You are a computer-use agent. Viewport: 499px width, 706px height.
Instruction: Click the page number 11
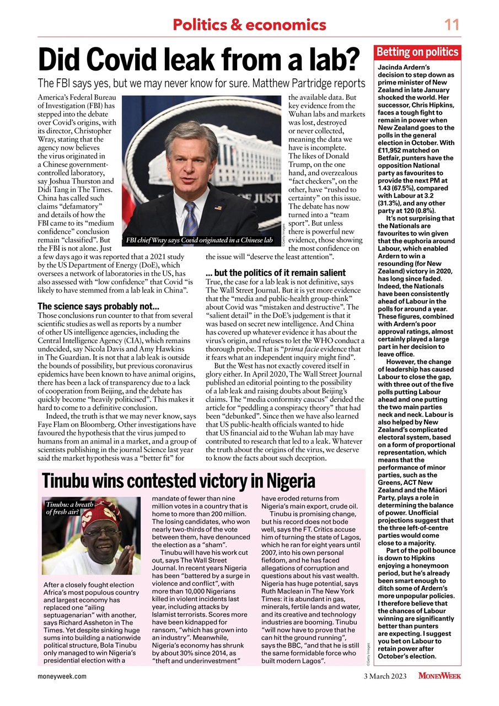(x=452, y=25)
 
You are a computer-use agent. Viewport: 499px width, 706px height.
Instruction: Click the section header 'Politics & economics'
(x=249, y=25)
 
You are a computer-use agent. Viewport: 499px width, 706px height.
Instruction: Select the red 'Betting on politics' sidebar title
(x=417, y=52)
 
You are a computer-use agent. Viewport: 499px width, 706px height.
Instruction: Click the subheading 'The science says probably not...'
(x=98, y=306)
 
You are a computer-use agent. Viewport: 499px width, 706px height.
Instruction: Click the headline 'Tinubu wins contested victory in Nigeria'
(x=179, y=481)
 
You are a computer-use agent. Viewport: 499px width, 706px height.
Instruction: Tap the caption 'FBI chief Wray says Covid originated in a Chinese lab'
(x=200, y=240)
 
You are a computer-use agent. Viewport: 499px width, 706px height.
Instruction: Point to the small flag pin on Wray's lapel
(x=218, y=208)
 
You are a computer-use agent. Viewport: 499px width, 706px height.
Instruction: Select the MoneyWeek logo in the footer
(x=439, y=676)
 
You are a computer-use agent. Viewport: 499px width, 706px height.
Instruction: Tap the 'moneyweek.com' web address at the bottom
(x=62, y=676)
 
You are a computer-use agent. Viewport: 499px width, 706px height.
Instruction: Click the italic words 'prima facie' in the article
(x=304, y=349)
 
